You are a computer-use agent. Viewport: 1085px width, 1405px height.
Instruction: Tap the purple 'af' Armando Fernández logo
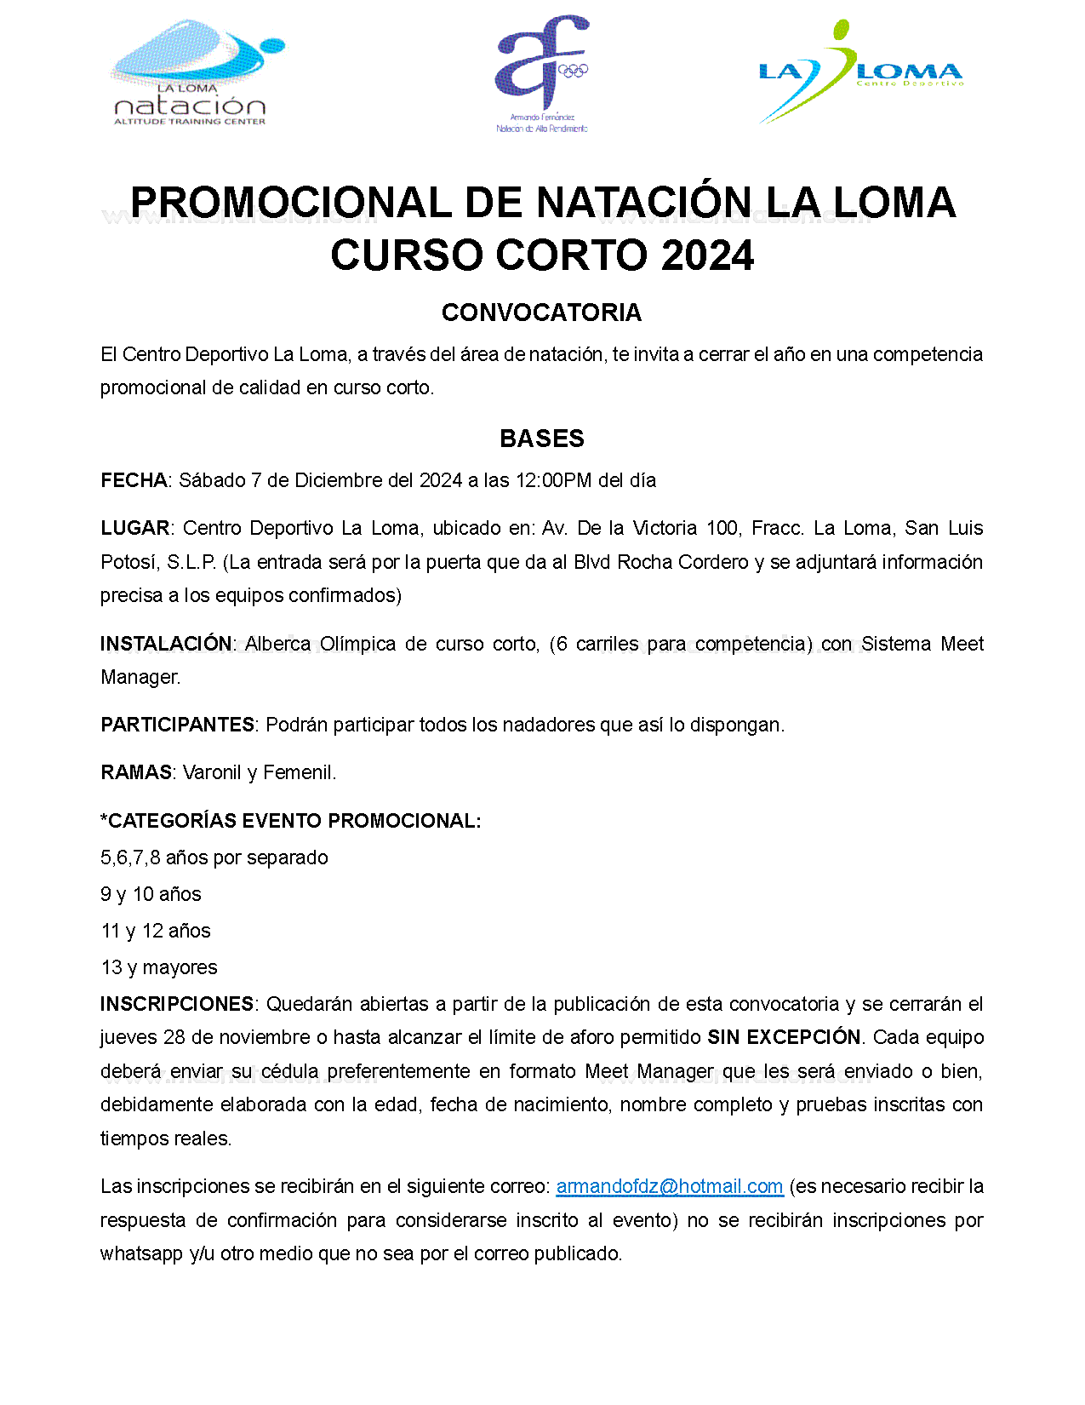(542, 73)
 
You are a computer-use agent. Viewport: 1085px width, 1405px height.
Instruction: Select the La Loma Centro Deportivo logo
(859, 73)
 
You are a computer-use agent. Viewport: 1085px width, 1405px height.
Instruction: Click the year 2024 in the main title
(707, 255)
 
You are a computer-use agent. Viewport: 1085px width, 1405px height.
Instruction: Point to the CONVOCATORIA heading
(541, 313)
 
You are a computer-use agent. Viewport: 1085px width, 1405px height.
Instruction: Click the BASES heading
(542, 439)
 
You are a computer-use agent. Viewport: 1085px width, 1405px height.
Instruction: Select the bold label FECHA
(134, 480)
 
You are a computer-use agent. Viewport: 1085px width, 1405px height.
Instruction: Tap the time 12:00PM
(553, 480)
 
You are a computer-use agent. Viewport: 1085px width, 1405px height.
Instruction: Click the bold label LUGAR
(135, 528)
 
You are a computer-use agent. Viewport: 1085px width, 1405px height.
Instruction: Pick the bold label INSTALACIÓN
(166, 644)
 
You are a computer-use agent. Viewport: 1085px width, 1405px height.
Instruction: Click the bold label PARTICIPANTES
(177, 725)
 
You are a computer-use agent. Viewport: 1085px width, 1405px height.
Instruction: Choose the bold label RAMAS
(136, 772)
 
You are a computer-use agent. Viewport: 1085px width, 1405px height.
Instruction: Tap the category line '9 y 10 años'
(151, 894)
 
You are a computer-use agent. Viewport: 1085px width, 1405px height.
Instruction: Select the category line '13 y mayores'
(159, 967)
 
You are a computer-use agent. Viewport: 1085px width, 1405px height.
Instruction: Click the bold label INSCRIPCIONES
(177, 1004)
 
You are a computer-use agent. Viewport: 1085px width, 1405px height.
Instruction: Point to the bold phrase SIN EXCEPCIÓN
(784, 1037)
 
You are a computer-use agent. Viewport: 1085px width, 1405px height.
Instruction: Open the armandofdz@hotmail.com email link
(669, 1186)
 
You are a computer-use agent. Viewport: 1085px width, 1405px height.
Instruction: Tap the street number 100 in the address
(722, 528)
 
